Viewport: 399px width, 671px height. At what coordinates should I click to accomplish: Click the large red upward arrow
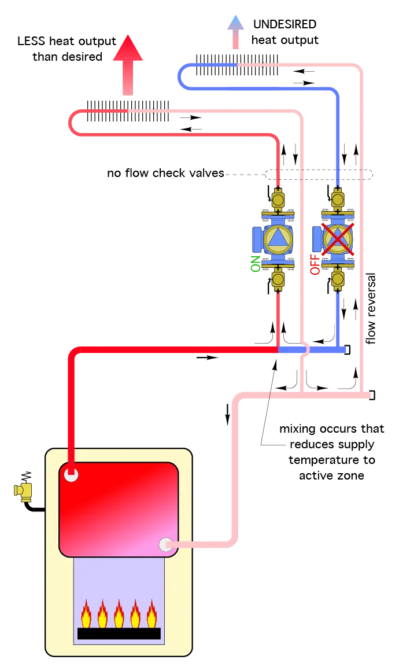pos(127,64)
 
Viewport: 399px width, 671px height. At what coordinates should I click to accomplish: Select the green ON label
pos(254,264)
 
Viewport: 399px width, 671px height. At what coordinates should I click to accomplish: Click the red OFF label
pos(315,264)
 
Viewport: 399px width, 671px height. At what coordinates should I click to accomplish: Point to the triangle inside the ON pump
pos(278,238)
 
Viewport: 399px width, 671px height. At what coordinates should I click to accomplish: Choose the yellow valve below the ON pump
pos(278,279)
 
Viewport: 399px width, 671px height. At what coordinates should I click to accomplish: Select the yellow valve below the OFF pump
pos(338,279)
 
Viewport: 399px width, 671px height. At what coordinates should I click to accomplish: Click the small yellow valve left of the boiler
pos(24,492)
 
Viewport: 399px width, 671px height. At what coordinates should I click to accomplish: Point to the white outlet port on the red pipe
pos(71,475)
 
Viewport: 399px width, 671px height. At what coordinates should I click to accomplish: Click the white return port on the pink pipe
pos(166,544)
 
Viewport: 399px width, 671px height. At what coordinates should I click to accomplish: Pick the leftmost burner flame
pos(86,614)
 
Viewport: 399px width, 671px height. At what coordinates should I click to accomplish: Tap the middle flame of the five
pos(119,614)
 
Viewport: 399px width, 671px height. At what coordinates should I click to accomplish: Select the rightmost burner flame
pos(152,614)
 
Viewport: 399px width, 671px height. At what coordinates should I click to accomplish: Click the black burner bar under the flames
pos(119,633)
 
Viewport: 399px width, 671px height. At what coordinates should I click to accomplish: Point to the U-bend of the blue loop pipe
pos(182,76)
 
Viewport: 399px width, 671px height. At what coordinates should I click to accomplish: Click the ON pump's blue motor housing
pos(257,238)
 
